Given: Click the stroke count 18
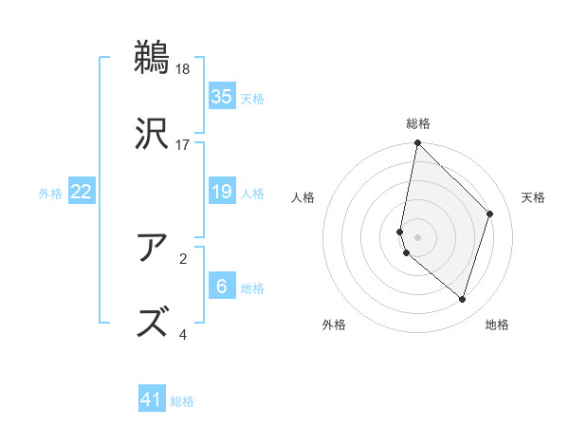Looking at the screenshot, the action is tap(183, 69).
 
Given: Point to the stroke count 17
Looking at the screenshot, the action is tap(183, 145).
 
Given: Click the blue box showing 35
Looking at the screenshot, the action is tap(221, 97).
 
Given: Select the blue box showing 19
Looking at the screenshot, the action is tap(221, 193).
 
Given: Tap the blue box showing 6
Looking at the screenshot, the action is tap(221, 287).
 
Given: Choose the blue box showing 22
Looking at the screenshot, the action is tap(81, 193).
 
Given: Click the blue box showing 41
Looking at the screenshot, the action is tap(152, 400).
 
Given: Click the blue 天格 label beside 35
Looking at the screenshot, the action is tap(252, 99).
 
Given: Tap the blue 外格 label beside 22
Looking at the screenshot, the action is tap(50, 194).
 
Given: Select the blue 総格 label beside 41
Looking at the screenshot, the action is tap(182, 401).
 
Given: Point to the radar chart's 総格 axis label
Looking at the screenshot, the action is tap(418, 123).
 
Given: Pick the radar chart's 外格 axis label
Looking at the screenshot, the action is tap(334, 325).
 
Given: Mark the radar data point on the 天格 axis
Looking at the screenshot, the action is tap(490, 214).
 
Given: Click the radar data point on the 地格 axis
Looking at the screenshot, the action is tap(463, 299).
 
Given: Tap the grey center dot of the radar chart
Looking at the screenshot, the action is tap(418, 236).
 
